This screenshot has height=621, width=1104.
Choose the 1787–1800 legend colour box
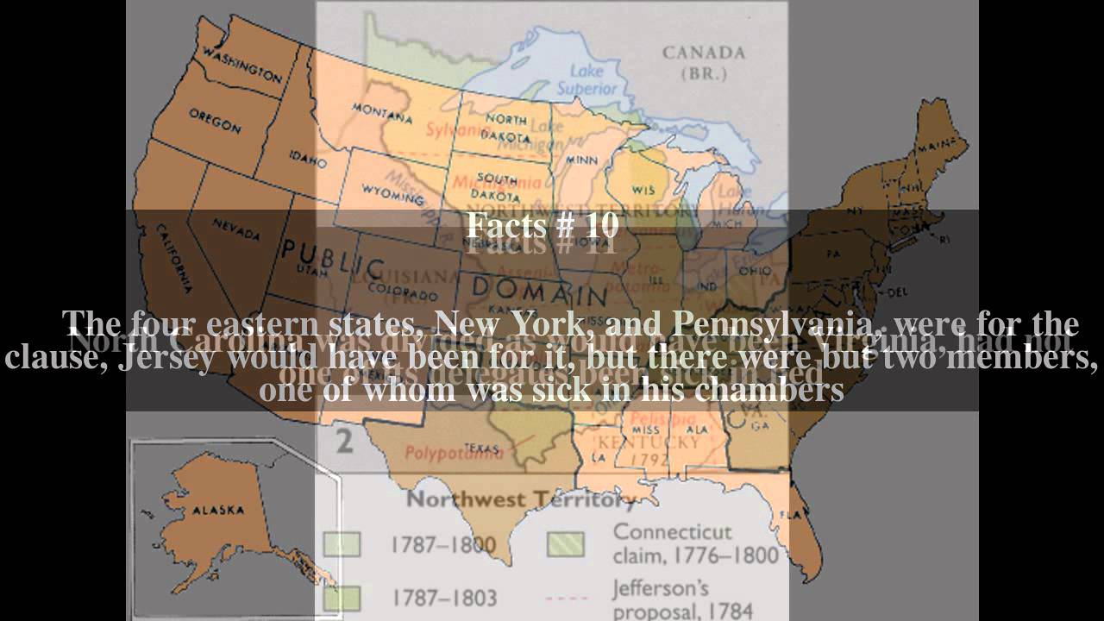pos(342,545)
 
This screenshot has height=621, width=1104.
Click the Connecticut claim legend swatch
pos(566,543)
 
